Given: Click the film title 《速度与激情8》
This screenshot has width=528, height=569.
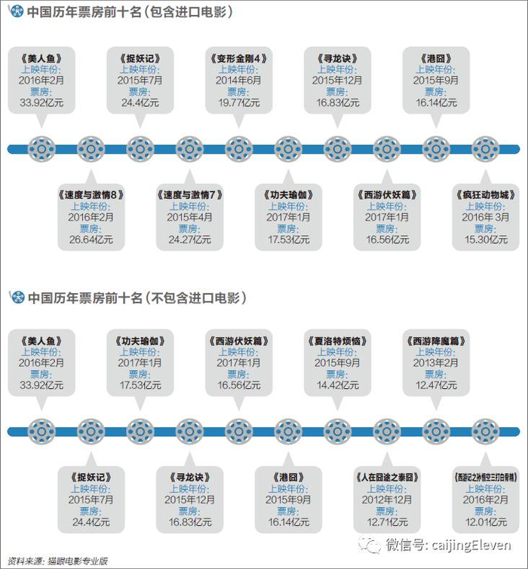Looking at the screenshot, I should coord(91,194).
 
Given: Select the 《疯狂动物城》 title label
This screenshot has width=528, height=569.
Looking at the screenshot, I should coord(485,194).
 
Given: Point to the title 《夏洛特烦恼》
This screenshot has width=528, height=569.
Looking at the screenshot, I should coord(337,340).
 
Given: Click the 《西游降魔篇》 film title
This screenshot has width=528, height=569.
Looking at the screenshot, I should coord(435,340).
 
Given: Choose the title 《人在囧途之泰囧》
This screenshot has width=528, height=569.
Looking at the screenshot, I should coord(386,476).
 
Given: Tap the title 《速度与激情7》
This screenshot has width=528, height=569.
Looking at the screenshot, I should coord(189,194).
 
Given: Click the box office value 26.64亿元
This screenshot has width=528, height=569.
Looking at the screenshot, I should coord(91,240).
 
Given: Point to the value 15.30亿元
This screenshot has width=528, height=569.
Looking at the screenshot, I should coord(485,240).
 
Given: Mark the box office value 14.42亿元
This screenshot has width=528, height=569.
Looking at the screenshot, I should coord(337,385).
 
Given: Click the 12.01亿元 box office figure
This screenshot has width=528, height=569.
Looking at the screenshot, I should coord(485,522).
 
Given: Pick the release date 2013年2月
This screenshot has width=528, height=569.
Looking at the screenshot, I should coord(435,363).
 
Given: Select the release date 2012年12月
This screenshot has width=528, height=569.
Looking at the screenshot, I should coord(386,499).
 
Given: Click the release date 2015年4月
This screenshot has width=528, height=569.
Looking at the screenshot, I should coord(189,217).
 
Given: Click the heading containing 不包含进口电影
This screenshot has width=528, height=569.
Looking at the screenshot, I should coord(136,298).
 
